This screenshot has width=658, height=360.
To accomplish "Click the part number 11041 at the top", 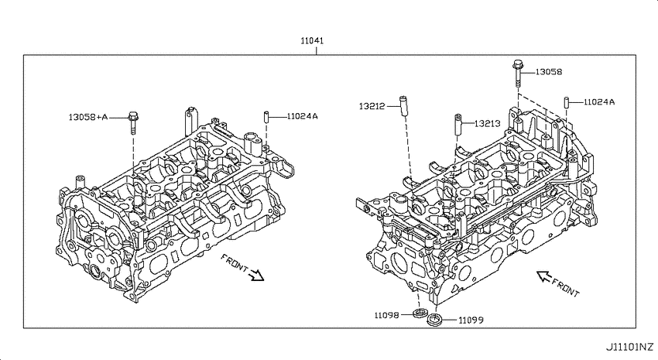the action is pos(312,41).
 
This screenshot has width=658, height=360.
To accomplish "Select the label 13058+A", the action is pos(88,117).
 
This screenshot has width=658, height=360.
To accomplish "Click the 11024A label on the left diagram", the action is pos(302,116).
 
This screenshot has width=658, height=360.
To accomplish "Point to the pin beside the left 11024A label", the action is pos(266,117).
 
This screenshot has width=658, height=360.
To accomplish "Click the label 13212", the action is pos(372,106).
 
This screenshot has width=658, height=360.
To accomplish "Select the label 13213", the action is pos(487,123).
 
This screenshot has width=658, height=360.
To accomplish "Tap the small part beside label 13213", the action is pos(458,124).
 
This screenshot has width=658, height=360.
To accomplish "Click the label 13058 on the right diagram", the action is pos(549,72).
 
